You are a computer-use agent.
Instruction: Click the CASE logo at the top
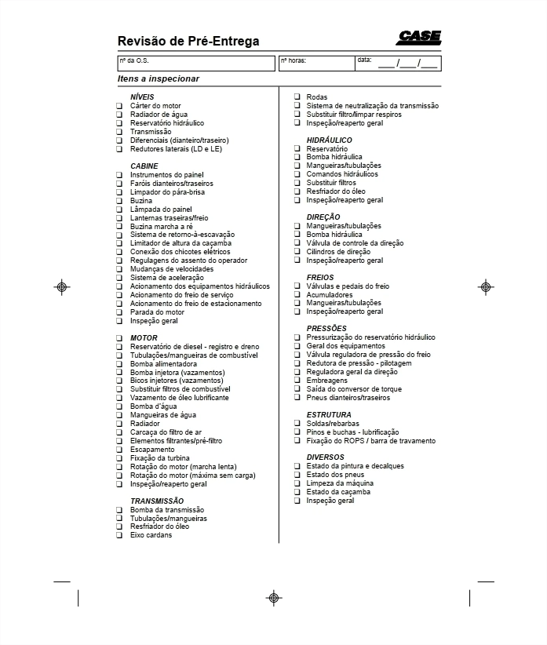418,38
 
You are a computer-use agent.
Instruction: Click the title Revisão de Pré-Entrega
188,42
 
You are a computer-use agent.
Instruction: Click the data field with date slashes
398,62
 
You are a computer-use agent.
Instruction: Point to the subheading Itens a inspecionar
158,78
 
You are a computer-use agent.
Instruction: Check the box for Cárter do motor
120,106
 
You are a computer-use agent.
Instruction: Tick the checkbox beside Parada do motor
120,312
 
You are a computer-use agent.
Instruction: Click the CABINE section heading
144,166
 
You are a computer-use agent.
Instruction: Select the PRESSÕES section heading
326,328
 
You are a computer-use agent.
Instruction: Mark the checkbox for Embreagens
297,381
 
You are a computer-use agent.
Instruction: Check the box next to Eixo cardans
120,535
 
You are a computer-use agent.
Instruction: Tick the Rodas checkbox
297,97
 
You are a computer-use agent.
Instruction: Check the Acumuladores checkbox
297,295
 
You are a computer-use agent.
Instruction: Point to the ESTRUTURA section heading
329,414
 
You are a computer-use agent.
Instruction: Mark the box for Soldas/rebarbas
297,424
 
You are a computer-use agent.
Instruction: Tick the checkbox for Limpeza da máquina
297,483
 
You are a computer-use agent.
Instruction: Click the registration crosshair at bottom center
274,597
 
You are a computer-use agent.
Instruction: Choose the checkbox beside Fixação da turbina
120,458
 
